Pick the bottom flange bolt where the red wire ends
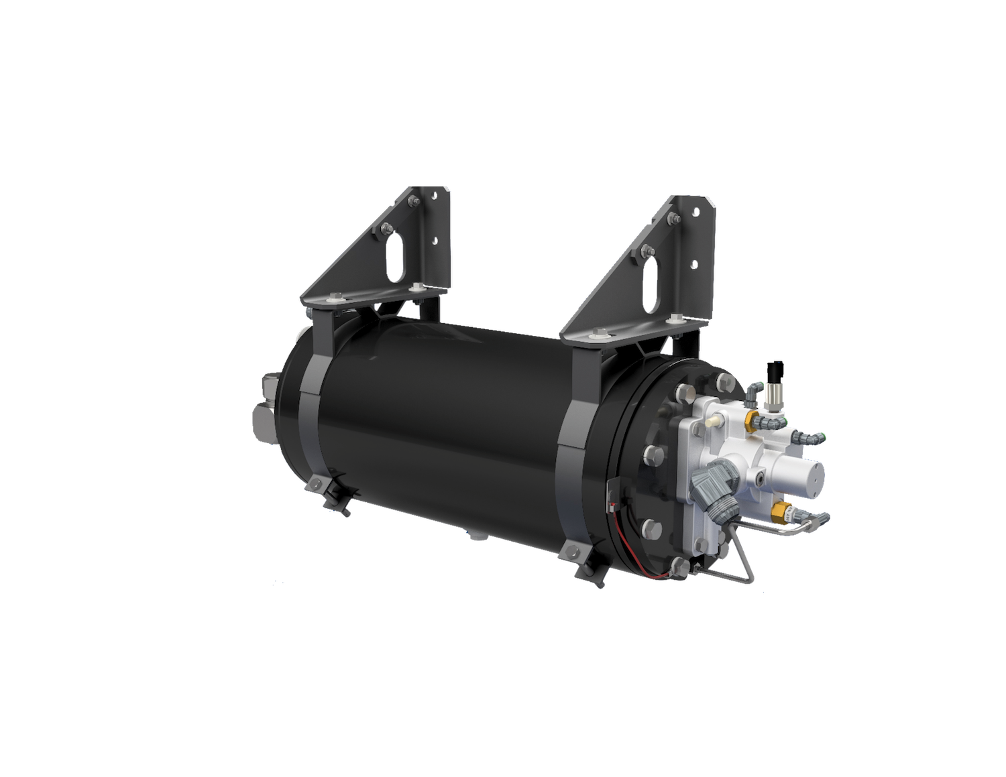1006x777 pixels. click(x=680, y=565)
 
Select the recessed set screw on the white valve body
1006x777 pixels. click(x=761, y=478)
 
